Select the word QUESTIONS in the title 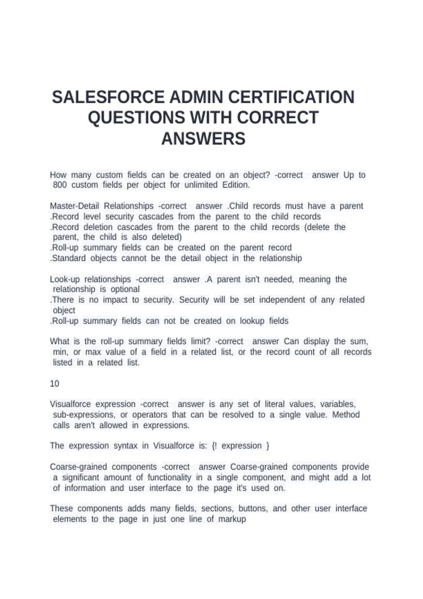[136, 118]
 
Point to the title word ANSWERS [203, 138]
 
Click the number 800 [60, 185]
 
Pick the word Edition [236, 185]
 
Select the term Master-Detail [74, 206]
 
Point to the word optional [125, 289]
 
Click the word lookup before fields [252, 321]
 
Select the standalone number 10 [55, 384]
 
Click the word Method [346, 415]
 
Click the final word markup [232, 519]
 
